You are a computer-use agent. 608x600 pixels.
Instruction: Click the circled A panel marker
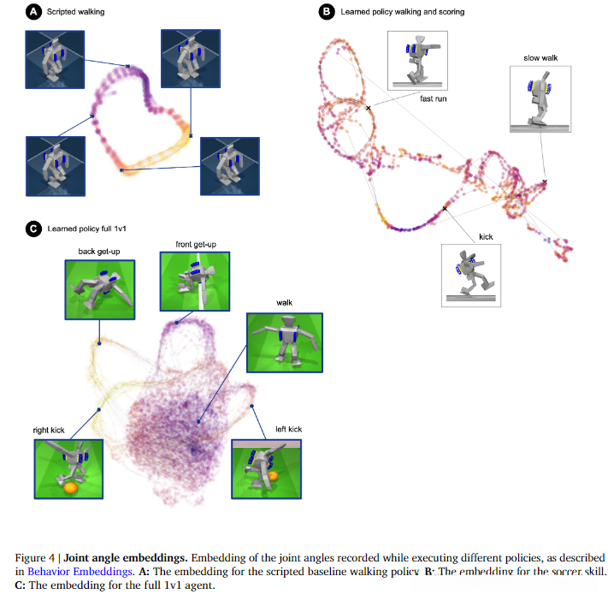(x=33, y=13)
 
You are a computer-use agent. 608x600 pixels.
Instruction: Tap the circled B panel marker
(x=326, y=13)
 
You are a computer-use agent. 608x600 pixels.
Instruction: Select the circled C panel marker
(x=33, y=229)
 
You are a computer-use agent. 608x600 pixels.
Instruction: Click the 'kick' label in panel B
(x=486, y=236)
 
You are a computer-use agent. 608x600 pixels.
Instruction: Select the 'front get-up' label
(x=195, y=245)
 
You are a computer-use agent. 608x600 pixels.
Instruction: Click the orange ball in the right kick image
(x=69, y=488)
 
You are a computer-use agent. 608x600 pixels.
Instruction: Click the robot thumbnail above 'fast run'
(x=418, y=60)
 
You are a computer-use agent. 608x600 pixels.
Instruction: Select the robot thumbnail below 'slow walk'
(x=540, y=98)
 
